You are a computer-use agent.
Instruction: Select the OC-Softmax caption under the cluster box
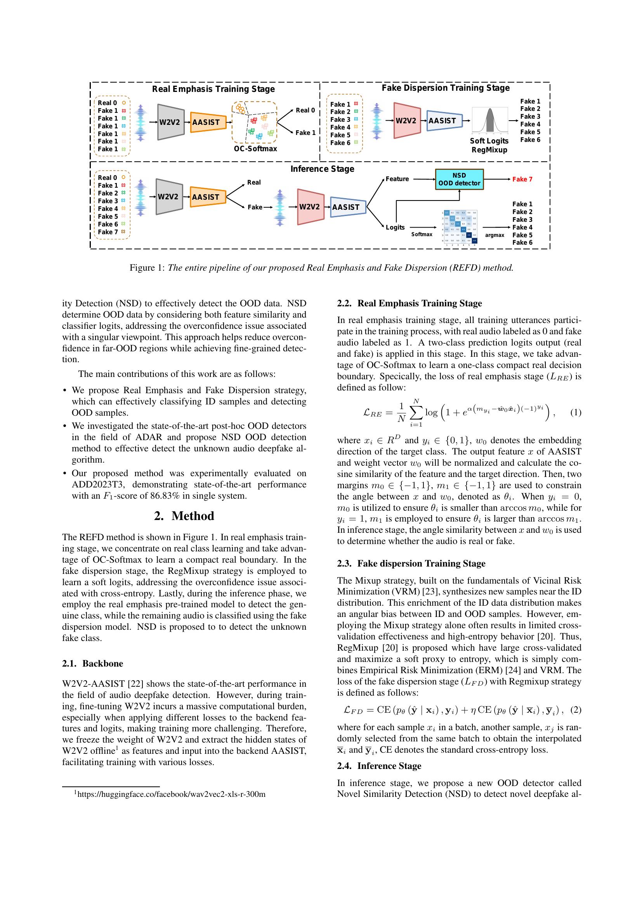255,149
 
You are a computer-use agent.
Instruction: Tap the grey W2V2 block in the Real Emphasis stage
170,122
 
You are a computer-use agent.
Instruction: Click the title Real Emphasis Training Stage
213,89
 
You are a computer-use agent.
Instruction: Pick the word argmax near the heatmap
495,235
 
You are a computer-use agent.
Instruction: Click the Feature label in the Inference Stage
397,179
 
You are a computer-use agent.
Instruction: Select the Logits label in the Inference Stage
395,227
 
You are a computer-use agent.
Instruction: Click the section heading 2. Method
184,516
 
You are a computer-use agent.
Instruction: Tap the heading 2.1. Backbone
92,663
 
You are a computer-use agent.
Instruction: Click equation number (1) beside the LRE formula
576,413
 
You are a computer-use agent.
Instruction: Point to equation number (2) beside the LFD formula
576,710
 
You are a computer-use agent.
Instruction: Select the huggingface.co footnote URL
171,794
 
